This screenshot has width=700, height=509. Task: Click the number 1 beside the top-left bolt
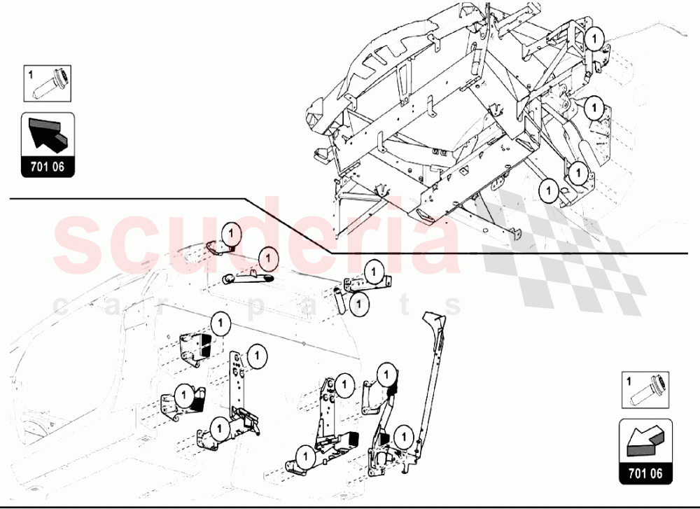[31, 72]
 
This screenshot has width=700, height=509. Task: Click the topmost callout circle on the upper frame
[595, 39]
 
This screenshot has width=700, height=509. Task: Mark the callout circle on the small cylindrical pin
[359, 304]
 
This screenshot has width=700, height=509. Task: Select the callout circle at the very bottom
[303, 456]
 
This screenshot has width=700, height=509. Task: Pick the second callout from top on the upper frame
[594, 109]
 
